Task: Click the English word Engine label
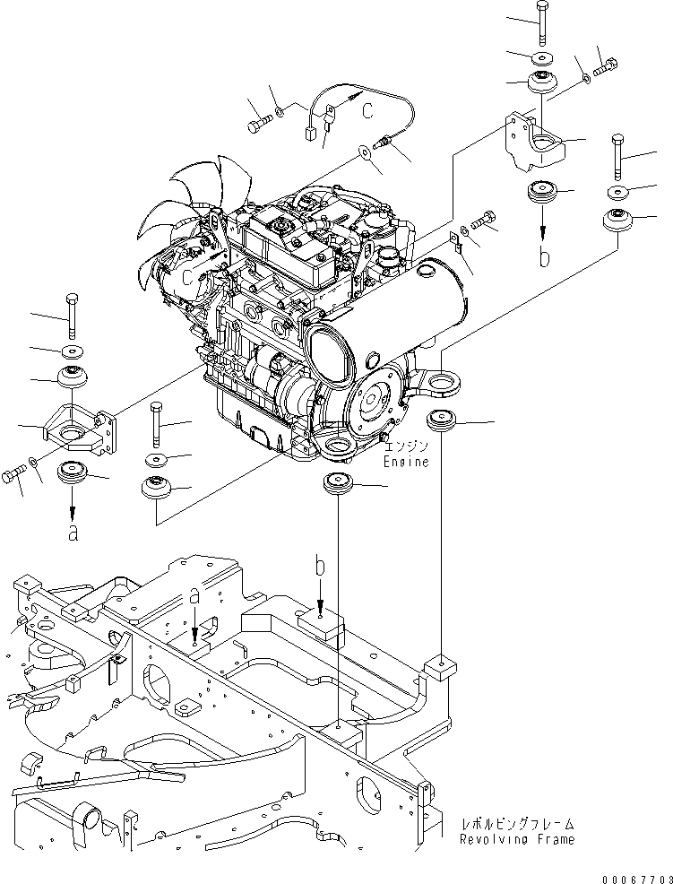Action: (x=406, y=463)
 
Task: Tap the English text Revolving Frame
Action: (x=517, y=840)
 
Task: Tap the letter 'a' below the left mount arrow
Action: (x=73, y=532)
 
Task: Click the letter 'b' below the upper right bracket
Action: (x=544, y=256)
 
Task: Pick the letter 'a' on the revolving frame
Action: (x=194, y=597)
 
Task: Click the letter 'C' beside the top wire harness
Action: (x=368, y=110)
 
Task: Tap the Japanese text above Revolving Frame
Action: (x=518, y=823)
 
